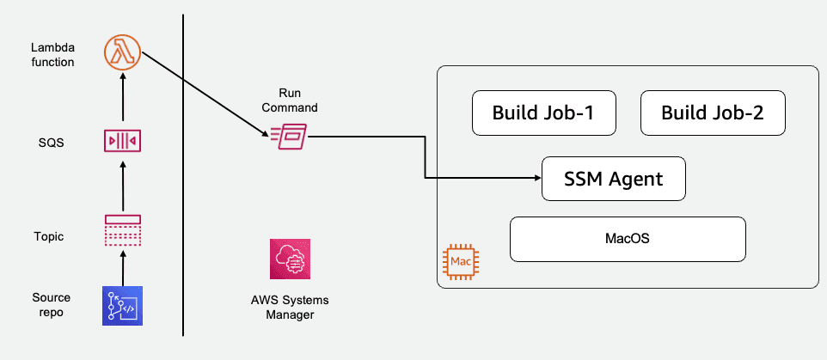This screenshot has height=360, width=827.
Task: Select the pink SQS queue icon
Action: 122,139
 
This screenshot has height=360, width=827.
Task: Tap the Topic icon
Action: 122,231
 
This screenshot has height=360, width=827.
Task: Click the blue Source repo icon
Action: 122,305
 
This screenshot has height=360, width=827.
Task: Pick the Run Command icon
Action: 288,135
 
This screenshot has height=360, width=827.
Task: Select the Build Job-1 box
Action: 543,113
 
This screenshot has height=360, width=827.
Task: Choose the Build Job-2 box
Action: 713,113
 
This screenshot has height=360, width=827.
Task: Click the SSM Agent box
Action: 614,179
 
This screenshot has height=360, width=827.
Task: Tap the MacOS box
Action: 627,238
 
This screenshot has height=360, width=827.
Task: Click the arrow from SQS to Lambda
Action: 122,96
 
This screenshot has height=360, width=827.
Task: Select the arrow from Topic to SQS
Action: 122,184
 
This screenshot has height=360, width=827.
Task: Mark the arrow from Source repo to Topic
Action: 122,268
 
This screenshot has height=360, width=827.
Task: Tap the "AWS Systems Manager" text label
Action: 289,308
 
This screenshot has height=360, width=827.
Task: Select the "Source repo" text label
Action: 52,304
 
